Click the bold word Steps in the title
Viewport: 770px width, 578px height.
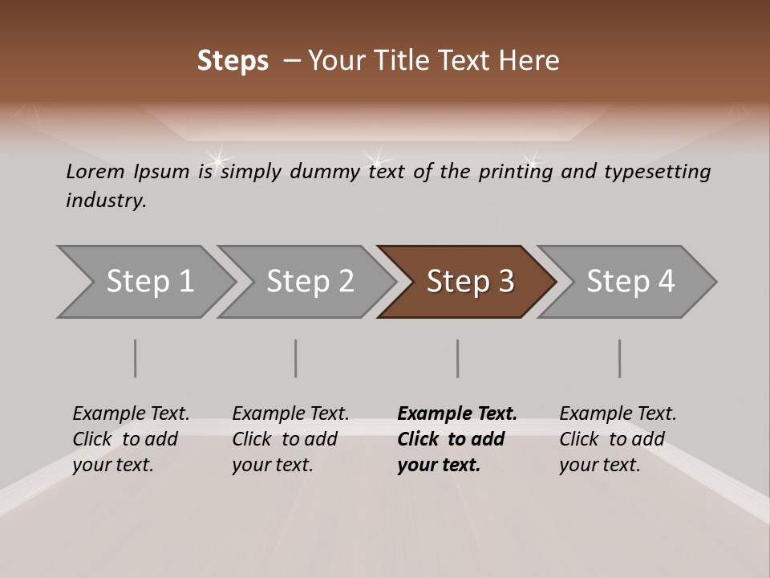tap(233, 61)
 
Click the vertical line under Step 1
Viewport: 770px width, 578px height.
tap(136, 358)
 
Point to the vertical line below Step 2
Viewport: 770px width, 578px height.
tap(296, 358)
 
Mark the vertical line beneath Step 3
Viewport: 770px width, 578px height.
tap(458, 358)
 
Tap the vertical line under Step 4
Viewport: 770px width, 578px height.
tap(620, 358)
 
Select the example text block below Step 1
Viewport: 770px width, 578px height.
tap(131, 438)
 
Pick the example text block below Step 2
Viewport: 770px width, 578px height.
tap(290, 438)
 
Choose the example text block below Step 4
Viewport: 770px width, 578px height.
tap(618, 438)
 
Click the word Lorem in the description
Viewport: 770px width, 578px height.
tap(95, 171)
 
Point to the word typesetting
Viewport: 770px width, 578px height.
tap(657, 172)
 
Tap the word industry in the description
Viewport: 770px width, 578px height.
tap(105, 201)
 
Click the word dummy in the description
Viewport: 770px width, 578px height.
tap(324, 172)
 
